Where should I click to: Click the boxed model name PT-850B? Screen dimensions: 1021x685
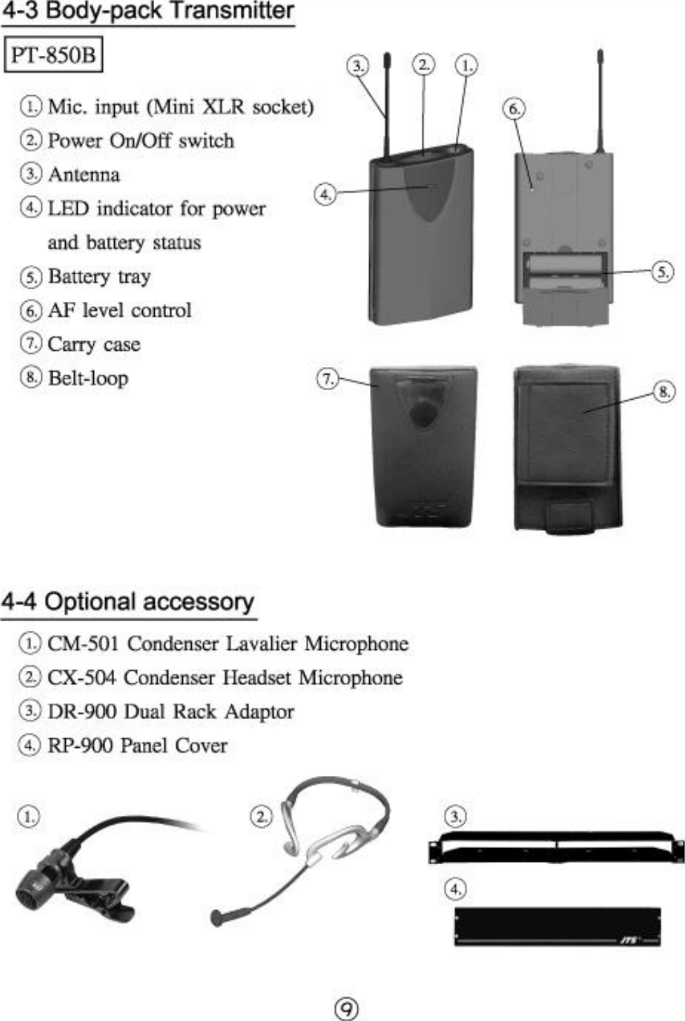tap(54, 55)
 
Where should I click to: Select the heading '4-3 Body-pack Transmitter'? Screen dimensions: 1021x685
tap(147, 12)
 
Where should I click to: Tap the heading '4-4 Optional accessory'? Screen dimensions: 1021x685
tap(127, 602)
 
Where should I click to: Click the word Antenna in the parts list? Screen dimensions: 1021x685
tap(83, 174)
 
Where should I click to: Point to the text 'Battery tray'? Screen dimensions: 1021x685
tap(99, 276)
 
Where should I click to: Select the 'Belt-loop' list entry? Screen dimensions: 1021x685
tap(88, 378)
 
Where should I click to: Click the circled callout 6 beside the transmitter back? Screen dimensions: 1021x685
tap(513, 109)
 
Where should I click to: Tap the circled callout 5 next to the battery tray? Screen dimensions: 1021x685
tap(663, 272)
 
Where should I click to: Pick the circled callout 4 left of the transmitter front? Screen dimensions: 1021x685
tap(324, 194)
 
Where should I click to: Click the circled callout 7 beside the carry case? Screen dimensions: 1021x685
tap(327, 379)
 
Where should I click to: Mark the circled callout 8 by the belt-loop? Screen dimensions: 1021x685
tap(663, 391)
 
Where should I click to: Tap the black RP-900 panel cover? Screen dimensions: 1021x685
tap(557, 926)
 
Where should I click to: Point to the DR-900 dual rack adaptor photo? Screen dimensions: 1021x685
tap(557, 847)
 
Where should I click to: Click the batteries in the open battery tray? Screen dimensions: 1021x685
tap(564, 272)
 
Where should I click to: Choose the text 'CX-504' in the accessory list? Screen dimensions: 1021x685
tap(81, 677)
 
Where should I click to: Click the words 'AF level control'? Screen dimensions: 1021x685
tap(120, 310)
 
